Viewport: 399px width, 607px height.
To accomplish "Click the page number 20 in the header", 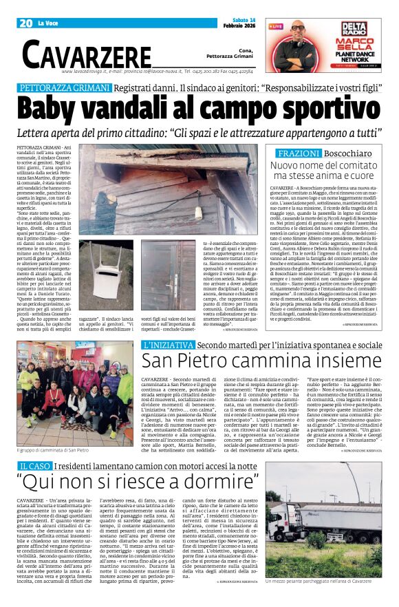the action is pos(25,23).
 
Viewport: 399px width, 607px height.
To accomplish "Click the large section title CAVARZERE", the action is pos(87,54).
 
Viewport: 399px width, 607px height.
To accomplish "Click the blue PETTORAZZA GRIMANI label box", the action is pos(64,89).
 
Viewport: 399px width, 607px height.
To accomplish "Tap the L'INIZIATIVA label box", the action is pos(168,345).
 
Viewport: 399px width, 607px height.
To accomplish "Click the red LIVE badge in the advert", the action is pos(277,26).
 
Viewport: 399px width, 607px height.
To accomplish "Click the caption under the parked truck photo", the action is pos(323,600).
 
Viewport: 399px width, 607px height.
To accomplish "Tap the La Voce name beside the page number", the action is pos(48,23).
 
